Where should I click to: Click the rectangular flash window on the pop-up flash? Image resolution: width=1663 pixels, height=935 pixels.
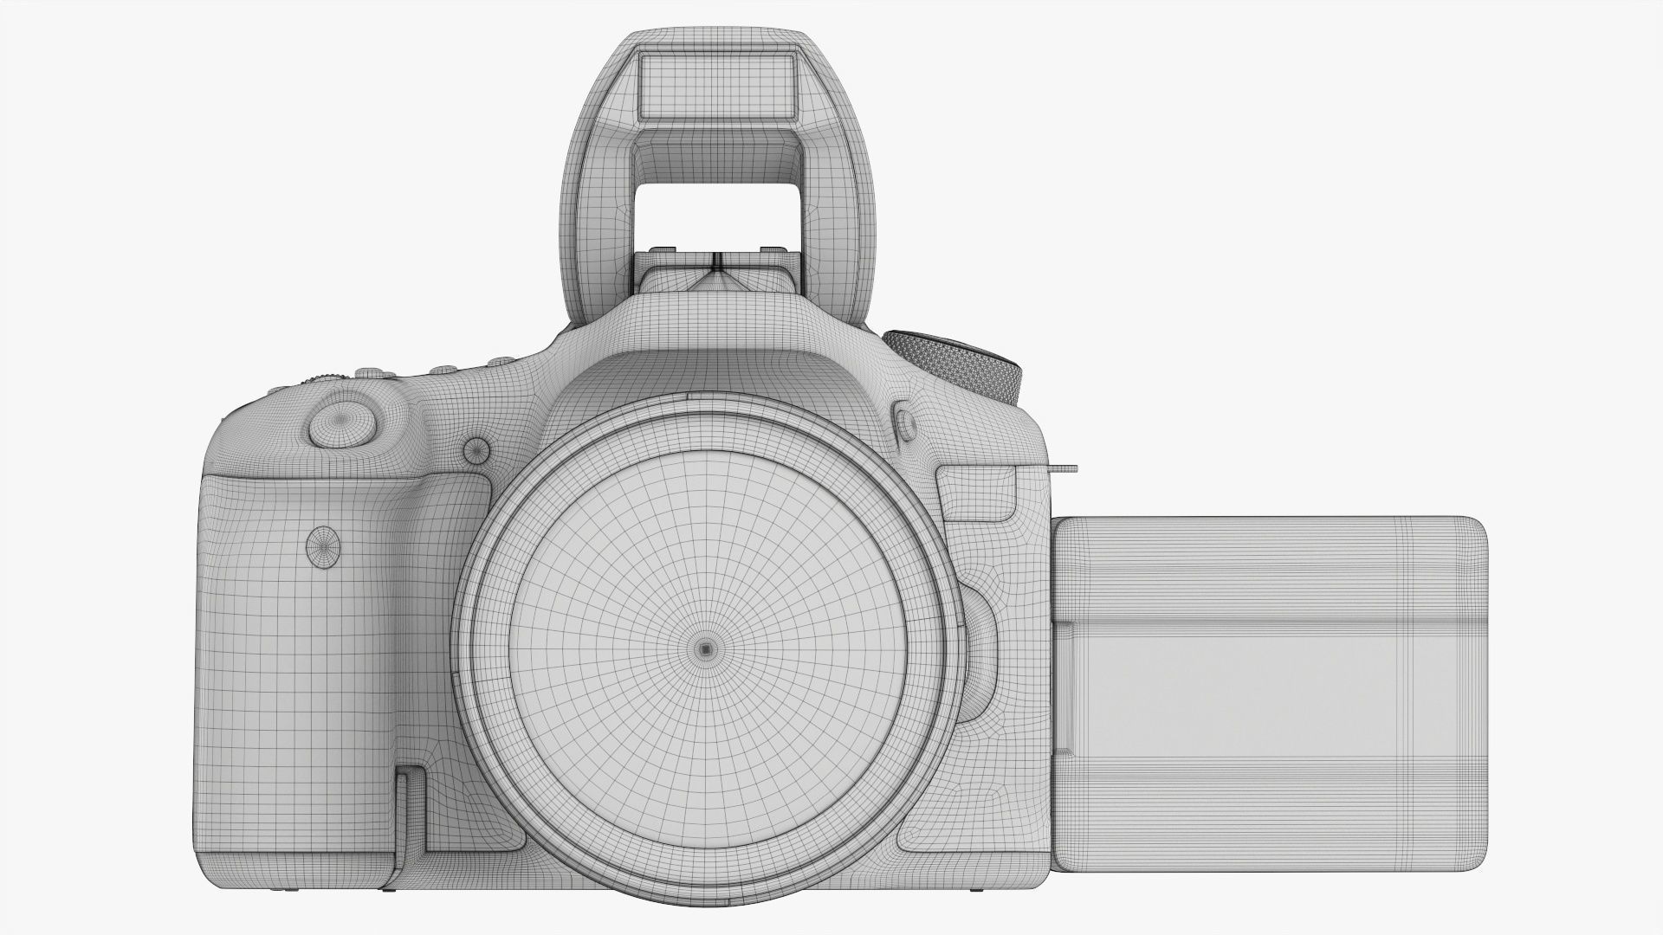coord(716,85)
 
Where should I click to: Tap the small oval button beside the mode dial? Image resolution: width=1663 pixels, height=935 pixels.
coord(906,423)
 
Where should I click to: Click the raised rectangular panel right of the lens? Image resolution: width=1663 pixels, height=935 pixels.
coord(979,493)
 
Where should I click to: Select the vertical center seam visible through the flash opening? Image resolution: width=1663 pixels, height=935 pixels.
coord(716,260)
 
